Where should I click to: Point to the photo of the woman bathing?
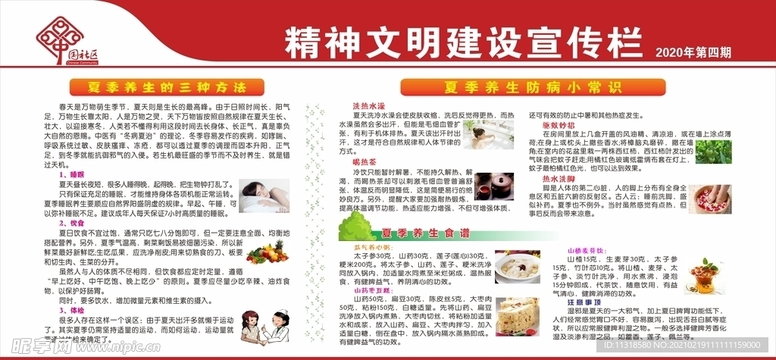[487, 136]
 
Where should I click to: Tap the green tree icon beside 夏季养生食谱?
[352, 227]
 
